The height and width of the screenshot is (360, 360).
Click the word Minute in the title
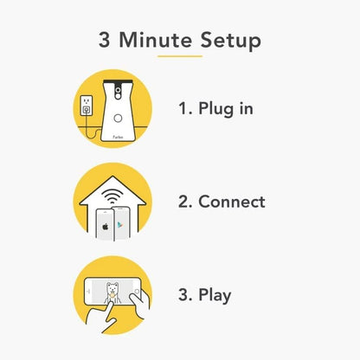(x=155, y=40)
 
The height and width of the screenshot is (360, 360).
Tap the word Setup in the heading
(x=231, y=41)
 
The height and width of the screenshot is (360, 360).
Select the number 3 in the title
(x=104, y=40)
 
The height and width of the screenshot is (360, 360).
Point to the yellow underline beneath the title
(x=180, y=56)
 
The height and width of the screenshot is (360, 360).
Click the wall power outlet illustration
(x=86, y=106)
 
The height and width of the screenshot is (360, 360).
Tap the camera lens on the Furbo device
(x=118, y=90)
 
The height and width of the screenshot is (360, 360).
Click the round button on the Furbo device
(x=118, y=118)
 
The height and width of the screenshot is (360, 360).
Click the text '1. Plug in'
(x=215, y=109)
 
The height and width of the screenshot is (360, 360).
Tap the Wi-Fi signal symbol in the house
(x=112, y=196)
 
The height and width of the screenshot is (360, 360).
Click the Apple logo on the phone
(x=106, y=227)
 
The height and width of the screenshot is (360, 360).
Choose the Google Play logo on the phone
(x=119, y=225)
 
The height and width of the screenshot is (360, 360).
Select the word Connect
(x=232, y=202)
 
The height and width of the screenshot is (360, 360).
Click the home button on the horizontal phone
(x=137, y=292)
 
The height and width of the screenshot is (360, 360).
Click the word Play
(x=215, y=295)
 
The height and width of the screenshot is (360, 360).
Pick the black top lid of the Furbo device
(x=118, y=81)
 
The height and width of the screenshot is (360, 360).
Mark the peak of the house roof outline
(x=112, y=177)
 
